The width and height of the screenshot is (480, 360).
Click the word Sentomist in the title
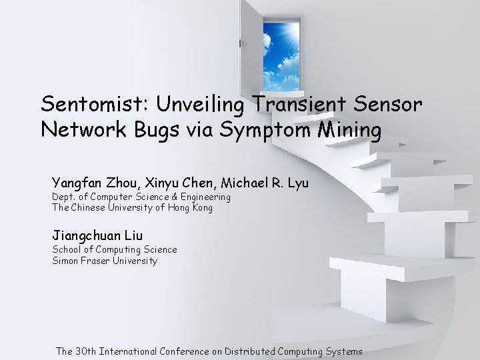94,104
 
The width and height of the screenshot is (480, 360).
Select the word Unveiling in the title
207,104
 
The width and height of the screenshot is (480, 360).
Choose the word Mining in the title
350,131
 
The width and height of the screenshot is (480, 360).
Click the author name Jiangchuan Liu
97,235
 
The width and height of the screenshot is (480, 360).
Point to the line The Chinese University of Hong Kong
132,208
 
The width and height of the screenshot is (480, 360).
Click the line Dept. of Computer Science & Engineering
141,197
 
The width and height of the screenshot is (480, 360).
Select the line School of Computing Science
115,249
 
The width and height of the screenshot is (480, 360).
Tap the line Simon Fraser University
105,261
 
